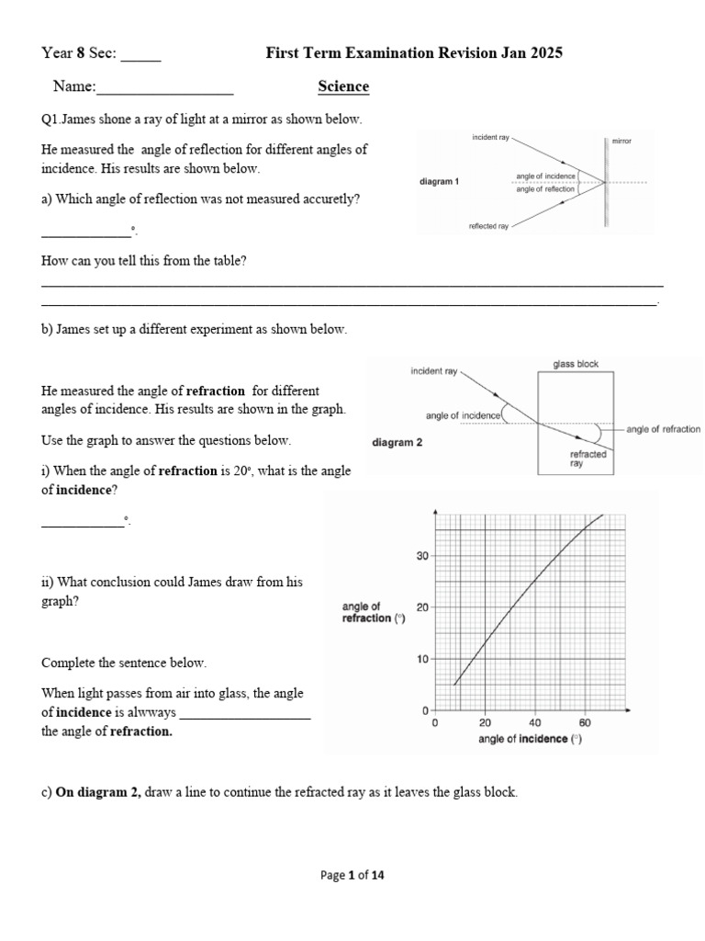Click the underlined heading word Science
point(343,86)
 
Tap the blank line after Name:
point(165,89)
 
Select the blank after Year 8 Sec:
point(140,55)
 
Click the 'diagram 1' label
point(439,182)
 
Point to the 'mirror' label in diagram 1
point(621,142)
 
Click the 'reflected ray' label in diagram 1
point(488,225)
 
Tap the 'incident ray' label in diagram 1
point(491,137)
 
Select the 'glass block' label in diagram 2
point(576,364)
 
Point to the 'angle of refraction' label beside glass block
point(663,429)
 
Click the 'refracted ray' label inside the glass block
point(587,459)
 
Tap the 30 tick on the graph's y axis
point(422,556)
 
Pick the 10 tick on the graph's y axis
point(422,659)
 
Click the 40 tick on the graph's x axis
point(535,723)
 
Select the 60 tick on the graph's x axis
point(585,723)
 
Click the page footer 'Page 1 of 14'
point(352,876)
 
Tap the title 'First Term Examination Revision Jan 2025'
point(414,53)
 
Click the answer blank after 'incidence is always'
point(245,714)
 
